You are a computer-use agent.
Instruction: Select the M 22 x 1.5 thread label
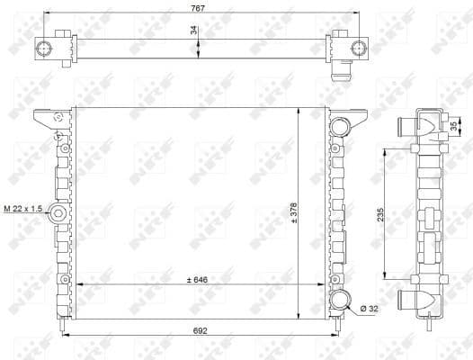(x=22, y=209)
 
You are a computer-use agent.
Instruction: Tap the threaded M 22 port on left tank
(x=57, y=213)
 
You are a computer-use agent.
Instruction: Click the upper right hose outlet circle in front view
(x=342, y=127)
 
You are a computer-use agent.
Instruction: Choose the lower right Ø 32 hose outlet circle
(x=342, y=299)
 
